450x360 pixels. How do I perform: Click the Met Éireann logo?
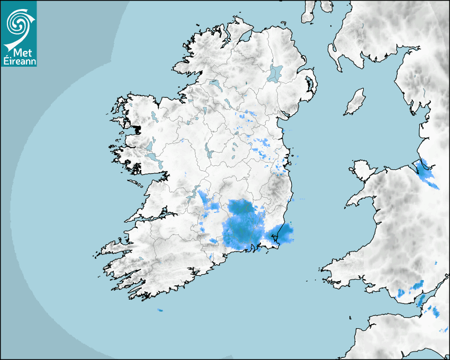coord(19,33)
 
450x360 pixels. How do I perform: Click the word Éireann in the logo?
coord(19,60)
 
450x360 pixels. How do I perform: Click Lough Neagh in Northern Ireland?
coord(275,73)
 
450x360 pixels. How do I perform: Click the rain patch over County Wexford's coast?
coord(281,234)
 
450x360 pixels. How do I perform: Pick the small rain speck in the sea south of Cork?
coord(160,310)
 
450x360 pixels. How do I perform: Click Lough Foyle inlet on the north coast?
coord(245,37)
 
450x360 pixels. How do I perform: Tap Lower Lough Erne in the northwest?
coord(214,84)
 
